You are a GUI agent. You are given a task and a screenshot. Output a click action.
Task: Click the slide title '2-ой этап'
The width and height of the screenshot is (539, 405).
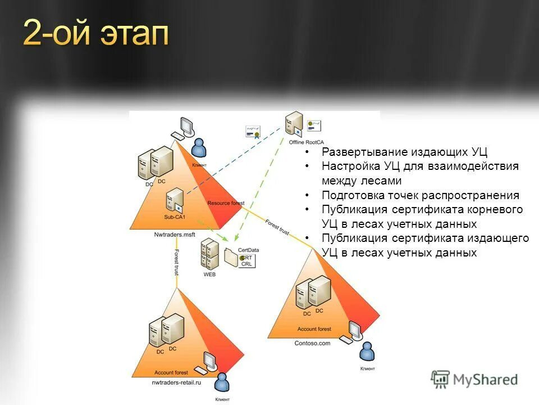(95, 35)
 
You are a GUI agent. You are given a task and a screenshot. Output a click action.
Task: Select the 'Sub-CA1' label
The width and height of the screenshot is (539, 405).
(175, 217)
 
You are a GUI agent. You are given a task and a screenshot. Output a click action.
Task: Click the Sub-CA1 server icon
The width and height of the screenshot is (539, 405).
(175, 200)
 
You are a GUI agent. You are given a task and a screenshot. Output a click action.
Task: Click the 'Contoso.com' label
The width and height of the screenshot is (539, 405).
(312, 343)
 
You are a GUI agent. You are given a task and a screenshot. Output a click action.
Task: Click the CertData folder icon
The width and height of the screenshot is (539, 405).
(231, 257)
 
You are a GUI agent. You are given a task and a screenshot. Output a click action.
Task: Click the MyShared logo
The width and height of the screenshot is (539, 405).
(474, 380)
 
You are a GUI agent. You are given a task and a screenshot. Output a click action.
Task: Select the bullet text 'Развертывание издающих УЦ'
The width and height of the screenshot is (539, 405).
(405, 152)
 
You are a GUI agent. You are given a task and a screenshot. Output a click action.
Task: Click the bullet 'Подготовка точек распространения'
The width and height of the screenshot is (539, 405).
(421, 195)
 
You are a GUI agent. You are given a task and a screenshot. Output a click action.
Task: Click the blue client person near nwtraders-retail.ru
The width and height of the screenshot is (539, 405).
(222, 383)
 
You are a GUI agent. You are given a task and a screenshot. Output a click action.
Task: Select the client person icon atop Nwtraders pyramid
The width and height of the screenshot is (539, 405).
(199, 148)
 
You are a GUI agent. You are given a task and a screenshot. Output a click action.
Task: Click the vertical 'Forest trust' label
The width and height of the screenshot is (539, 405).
(176, 262)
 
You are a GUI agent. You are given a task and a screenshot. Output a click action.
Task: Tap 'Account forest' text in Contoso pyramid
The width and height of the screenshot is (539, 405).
(314, 329)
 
